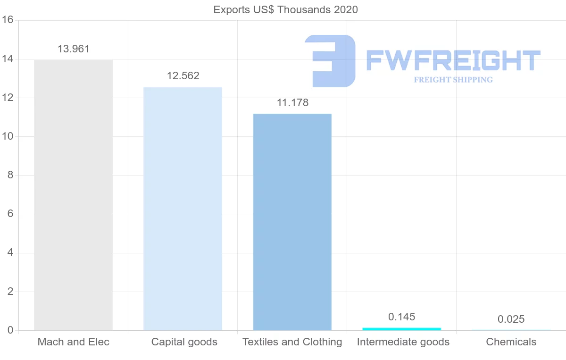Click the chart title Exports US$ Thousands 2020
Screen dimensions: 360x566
[285, 9]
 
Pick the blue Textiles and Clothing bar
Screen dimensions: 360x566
[292, 222]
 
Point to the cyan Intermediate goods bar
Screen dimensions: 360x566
[401, 328]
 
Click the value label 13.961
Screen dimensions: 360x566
[73, 49]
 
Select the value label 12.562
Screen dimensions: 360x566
[183, 76]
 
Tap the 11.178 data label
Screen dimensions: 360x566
[292, 103]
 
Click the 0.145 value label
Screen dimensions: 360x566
[402, 317]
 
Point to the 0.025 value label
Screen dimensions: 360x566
[511, 319]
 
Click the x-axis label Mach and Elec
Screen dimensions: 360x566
[73, 342]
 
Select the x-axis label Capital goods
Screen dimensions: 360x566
[184, 342]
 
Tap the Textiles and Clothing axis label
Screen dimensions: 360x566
[292, 342]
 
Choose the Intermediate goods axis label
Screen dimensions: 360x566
[403, 342]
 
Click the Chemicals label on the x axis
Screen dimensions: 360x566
[511, 342]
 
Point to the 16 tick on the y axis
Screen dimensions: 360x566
[7, 20]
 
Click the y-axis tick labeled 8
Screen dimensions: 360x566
[9, 176]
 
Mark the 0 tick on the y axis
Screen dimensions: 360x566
[9, 330]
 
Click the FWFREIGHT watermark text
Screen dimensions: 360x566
[453, 60]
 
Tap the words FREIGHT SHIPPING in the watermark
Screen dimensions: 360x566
[453, 80]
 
